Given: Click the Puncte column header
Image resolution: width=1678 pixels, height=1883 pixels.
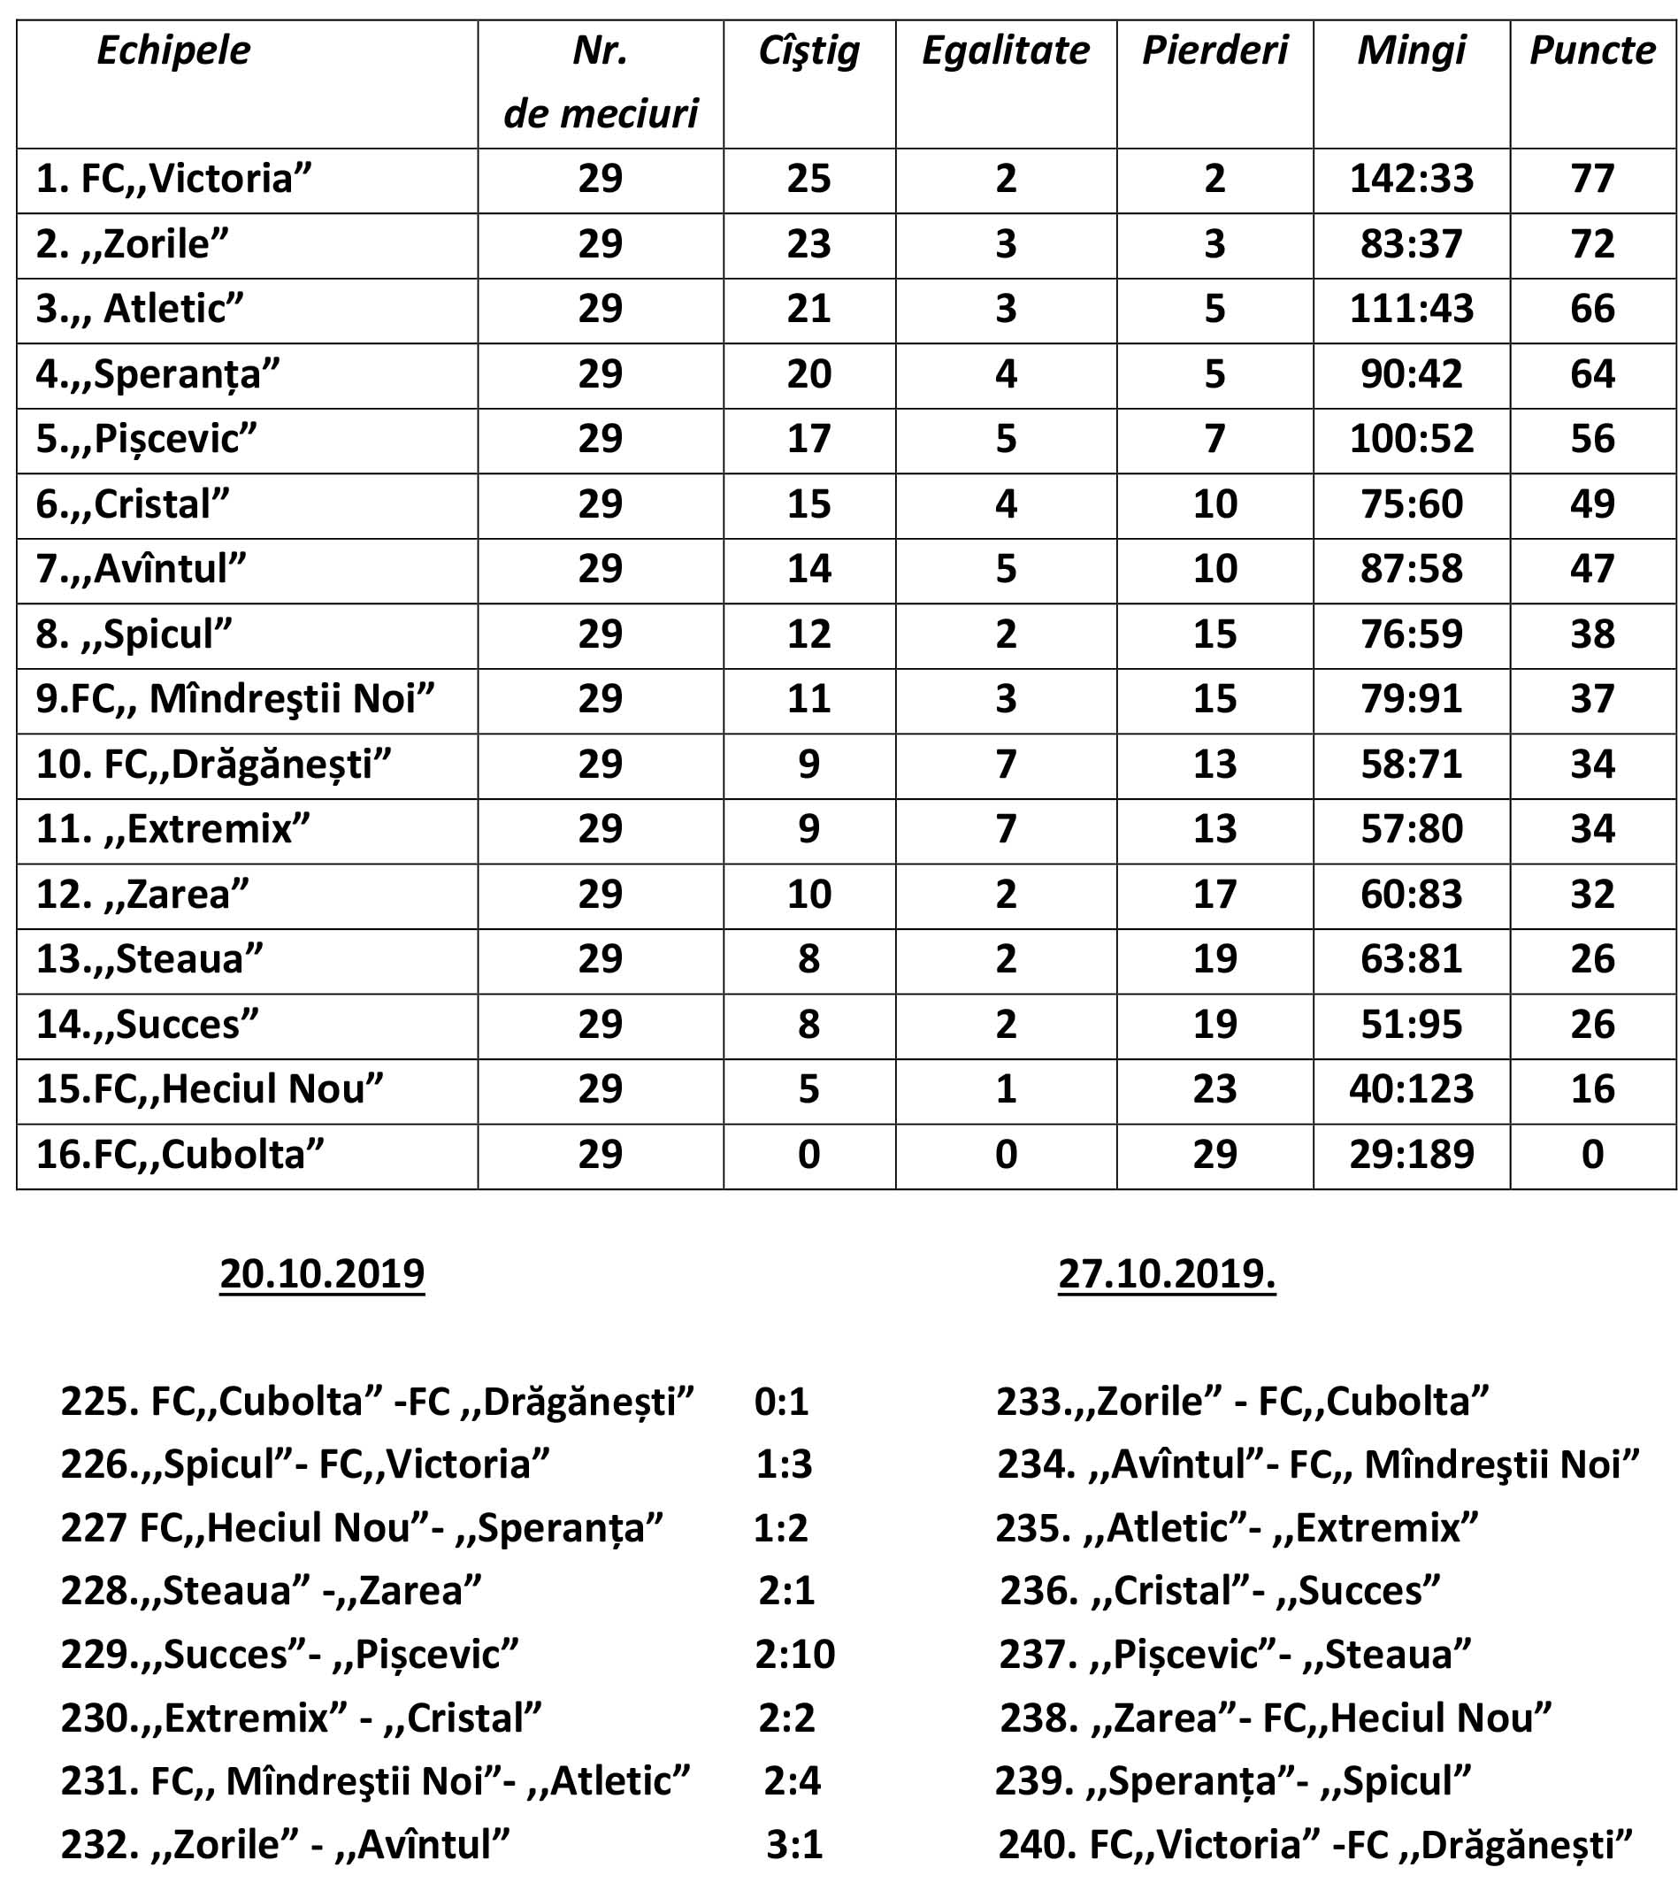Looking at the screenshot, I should coord(1592,50).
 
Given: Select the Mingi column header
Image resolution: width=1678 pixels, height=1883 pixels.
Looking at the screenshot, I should coord(1411,50).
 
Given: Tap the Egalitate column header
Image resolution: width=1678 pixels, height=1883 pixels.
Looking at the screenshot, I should coord(1005,50).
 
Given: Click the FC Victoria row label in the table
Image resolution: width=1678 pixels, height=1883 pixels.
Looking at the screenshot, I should coord(173,179).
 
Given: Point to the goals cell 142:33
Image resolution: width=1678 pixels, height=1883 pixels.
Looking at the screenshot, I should coord(1411,179).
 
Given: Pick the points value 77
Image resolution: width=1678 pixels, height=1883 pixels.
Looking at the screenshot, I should coord(1592,179).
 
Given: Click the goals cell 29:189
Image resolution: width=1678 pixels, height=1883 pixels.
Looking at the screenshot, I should coord(1411,1155).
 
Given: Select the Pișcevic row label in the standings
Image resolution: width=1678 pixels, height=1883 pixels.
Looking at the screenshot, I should coord(146,439).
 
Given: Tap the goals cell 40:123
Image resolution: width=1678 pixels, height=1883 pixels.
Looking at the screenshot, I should coord(1411,1089).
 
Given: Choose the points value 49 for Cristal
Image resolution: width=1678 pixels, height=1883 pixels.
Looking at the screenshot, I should coord(1592,504).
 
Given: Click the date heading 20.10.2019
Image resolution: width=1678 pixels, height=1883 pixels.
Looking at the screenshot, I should coord(322,1273).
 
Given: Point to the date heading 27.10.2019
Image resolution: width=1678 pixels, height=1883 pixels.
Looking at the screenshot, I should coord(1167,1273).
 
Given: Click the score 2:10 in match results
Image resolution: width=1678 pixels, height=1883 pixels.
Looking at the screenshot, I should coord(794,1655).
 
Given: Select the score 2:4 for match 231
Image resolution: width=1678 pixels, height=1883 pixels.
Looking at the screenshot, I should coord(792,1780).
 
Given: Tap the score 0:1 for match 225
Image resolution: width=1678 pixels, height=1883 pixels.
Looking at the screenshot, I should coord(781,1402).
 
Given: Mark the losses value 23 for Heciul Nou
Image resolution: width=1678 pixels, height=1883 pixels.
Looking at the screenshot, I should coord(1214,1089).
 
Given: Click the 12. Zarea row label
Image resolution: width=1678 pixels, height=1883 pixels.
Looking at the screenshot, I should coord(142,895).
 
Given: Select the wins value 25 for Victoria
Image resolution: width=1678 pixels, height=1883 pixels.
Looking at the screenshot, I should coord(808,179).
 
